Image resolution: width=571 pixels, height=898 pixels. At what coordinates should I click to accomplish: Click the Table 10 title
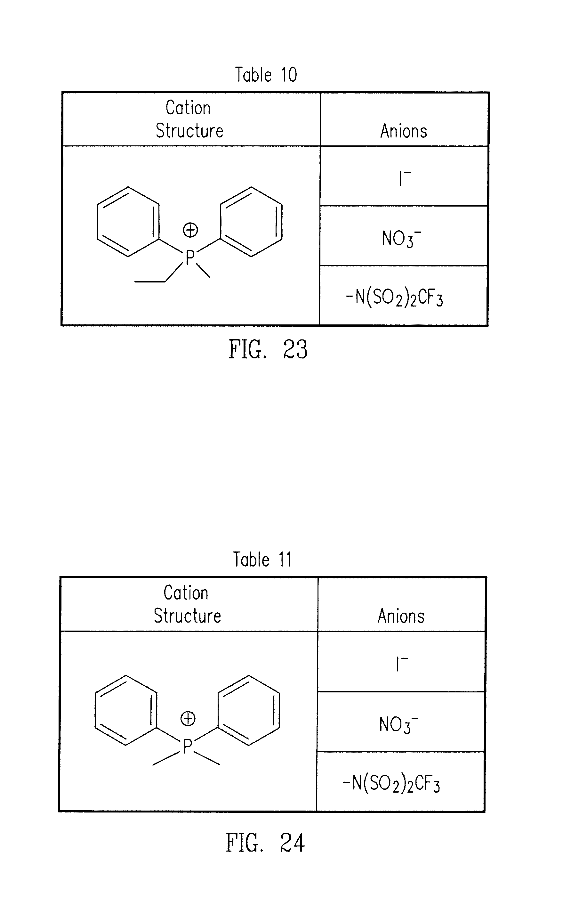[x=266, y=75]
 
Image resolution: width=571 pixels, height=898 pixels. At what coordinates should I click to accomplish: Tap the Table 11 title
[x=262, y=559]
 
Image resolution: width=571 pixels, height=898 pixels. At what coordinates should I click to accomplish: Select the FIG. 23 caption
[x=268, y=349]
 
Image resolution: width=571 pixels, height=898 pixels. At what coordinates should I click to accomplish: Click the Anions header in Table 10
[x=404, y=131]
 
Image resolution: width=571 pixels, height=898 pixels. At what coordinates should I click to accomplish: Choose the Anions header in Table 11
[x=401, y=616]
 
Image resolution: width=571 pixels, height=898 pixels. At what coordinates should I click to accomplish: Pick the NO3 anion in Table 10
[x=401, y=239]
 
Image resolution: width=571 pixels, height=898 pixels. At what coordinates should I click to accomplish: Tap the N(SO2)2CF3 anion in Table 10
[x=394, y=298]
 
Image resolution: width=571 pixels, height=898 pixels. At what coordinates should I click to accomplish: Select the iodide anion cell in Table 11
[x=402, y=664]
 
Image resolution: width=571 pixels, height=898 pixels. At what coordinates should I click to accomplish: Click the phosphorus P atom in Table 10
[x=190, y=257]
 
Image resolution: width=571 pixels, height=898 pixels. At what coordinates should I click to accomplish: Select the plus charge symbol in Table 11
[x=188, y=718]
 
